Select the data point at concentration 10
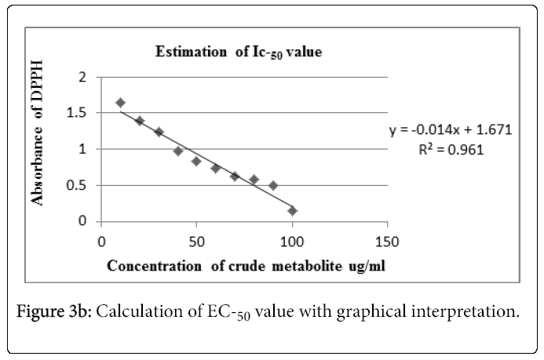(x=120, y=103)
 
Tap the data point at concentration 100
(x=292, y=210)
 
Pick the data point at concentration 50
(x=196, y=161)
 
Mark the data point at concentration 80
(x=254, y=180)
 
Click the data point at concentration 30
(x=159, y=132)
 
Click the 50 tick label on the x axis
(x=196, y=239)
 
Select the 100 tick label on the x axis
(x=292, y=239)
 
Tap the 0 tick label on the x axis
(x=100, y=239)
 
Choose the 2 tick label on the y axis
(x=82, y=77)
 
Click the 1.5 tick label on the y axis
(x=77, y=113)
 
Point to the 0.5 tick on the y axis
(x=77, y=185)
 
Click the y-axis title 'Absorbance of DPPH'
(x=38, y=147)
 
